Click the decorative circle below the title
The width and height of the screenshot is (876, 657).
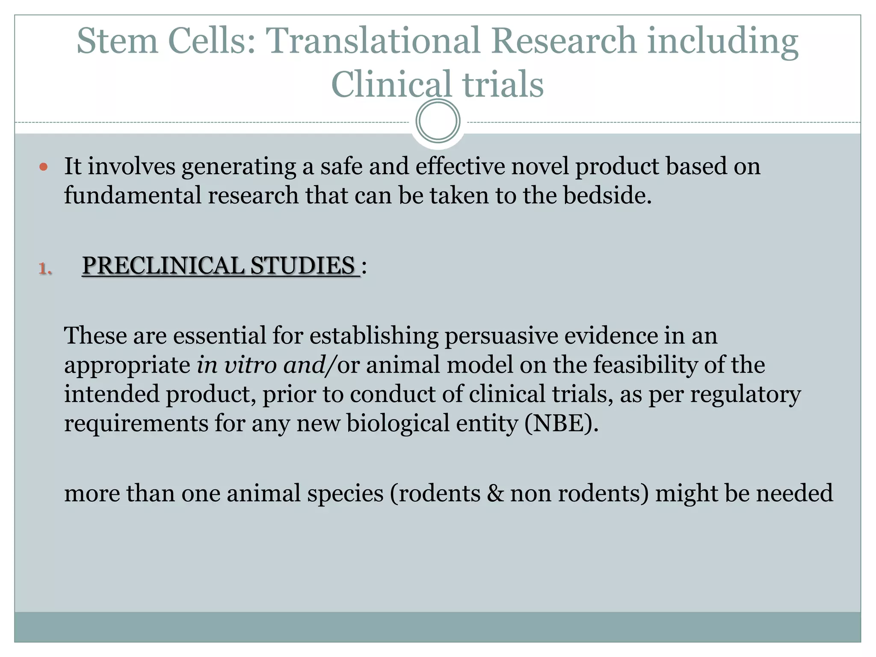(438, 121)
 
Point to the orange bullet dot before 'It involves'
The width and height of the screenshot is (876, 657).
(43, 166)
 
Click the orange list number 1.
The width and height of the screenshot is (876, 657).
(45, 269)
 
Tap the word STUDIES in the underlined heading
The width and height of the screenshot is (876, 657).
(302, 266)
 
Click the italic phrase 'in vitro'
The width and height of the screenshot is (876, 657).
(237, 365)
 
